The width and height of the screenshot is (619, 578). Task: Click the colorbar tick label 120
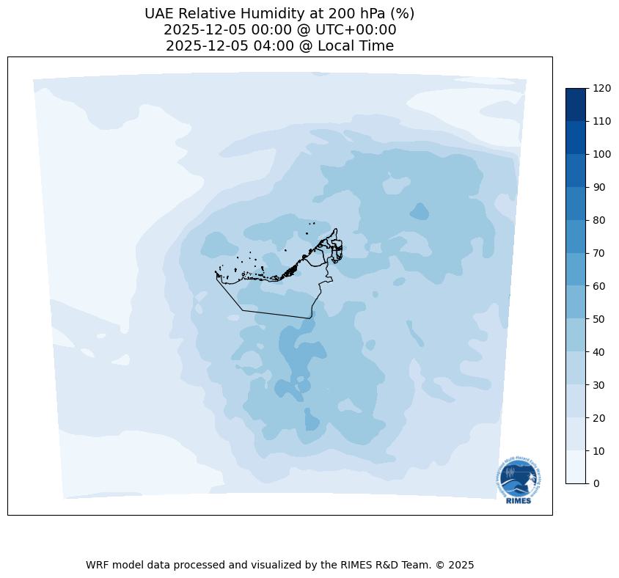coord(602,88)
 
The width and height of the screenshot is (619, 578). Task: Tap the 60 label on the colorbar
coord(599,286)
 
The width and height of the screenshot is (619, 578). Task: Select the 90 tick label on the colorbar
coord(599,187)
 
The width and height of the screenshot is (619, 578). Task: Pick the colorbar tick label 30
coord(599,384)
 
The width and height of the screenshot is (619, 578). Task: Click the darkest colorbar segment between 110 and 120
coord(576,104)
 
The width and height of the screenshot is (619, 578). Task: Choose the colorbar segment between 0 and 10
coord(576,467)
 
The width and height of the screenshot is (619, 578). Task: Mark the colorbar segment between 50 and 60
coord(576,302)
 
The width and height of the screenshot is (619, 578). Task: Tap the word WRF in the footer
coord(98,566)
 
